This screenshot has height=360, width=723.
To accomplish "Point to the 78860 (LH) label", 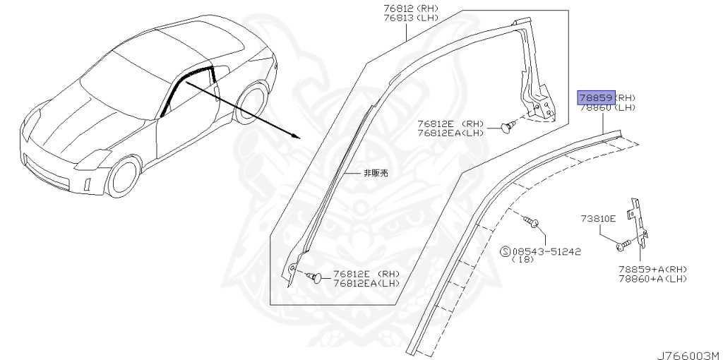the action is (x=607, y=107).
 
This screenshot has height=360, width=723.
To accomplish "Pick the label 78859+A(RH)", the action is (x=652, y=270).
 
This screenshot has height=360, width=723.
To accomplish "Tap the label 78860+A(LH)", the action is (x=652, y=280).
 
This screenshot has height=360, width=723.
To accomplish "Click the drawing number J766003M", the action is (x=688, y=354).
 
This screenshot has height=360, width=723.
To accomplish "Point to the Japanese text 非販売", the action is (x=376, y=172).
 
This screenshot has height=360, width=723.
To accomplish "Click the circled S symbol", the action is (x=505, y=251).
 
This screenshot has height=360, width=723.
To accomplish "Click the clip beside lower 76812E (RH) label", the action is (x=317, y=277).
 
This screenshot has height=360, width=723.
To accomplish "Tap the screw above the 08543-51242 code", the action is (x=534, y=224).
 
